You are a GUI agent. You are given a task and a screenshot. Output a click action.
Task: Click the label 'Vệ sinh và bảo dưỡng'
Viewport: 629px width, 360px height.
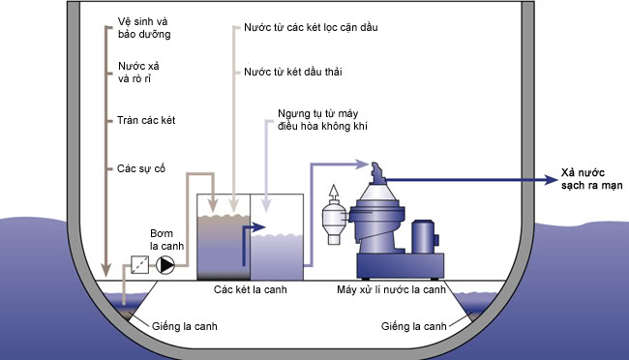coord(144,28)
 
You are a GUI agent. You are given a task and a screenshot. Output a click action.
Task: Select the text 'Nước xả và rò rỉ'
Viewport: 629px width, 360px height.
coord(138,73)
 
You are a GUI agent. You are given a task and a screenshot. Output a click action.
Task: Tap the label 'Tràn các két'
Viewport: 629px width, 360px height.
coord(146,120)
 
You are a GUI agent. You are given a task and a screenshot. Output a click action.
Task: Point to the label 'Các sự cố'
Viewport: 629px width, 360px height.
coord(141,168)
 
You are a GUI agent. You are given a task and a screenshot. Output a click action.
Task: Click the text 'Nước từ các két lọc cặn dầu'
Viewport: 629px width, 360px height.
coord(311,27)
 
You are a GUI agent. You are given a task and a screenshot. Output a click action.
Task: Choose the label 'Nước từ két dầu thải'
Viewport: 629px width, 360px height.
coord(293,72)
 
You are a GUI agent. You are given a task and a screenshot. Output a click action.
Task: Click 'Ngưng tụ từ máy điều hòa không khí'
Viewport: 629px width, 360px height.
coord(322,120)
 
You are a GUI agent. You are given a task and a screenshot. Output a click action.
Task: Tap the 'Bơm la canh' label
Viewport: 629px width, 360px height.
coord(166,240)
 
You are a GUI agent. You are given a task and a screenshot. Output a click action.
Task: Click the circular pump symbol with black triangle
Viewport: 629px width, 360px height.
coord(165,265)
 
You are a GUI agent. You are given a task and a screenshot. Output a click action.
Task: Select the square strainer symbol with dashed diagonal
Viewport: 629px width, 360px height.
coord(140,265)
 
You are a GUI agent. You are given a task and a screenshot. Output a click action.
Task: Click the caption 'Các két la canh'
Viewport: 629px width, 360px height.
coord(251,289)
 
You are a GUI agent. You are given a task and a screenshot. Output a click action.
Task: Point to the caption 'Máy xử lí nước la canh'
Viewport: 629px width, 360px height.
coord(391,289)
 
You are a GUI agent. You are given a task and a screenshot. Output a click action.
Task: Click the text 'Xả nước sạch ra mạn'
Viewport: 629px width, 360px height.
coord(591,179)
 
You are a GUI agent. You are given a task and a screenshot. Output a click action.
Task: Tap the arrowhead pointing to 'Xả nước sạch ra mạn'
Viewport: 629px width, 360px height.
coord(552,180)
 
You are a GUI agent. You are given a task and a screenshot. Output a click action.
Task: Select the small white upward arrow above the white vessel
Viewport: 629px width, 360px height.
coord(333,193)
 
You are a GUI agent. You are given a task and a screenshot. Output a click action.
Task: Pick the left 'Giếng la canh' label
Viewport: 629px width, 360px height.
coord(185,326)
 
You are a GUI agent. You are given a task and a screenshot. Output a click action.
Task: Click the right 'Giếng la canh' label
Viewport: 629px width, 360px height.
coord(413,326)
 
